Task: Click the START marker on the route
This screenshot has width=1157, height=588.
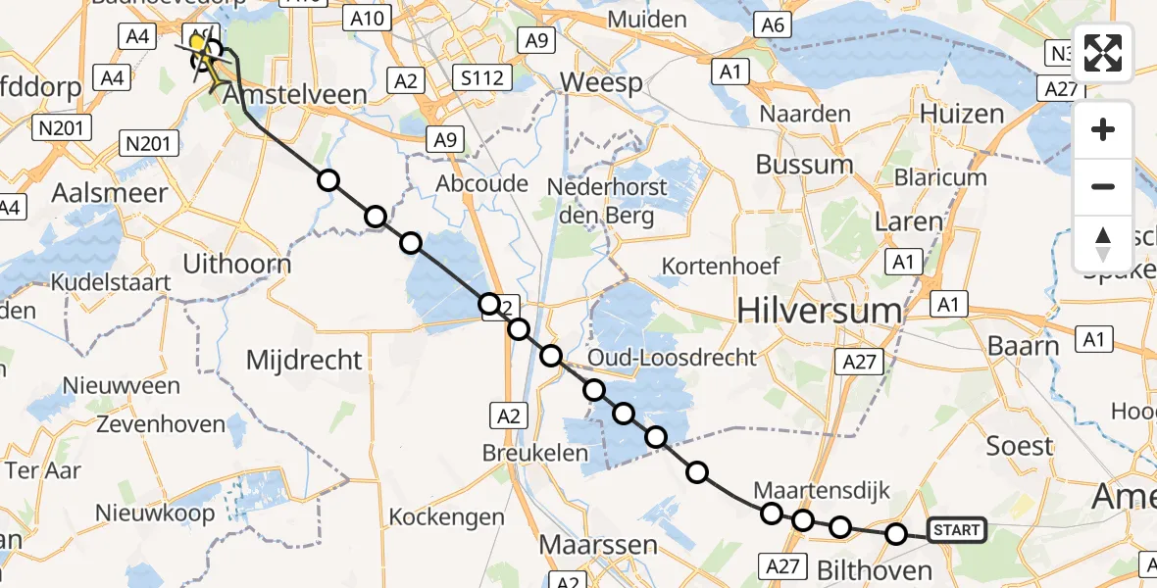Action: click(955, 531)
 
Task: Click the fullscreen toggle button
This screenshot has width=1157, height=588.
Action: click(1103, 54)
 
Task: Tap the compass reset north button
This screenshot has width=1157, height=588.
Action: click(1103, 244)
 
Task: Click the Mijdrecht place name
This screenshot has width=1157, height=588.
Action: click(304, 361)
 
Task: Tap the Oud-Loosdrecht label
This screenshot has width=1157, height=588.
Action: click(673, 358)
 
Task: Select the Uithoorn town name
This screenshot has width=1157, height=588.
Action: click(237, 264)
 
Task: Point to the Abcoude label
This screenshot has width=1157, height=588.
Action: click(482, 183)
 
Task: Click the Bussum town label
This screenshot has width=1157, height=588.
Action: click(805, 164)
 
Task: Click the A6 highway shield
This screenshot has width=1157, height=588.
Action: click(773, 25)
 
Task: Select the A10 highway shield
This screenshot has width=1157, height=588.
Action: click(371, 17)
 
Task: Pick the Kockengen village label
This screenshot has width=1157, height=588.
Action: click(446, 516)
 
